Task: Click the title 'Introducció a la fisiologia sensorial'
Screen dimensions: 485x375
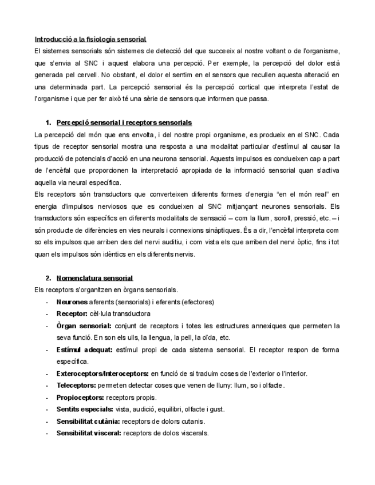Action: (90, 39)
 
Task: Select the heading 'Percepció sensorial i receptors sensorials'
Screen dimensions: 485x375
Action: (124, 123)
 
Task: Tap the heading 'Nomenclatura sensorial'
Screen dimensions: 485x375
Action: (94, 279)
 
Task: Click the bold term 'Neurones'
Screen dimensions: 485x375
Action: (72, 301)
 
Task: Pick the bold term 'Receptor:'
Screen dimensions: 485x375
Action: (72, 313)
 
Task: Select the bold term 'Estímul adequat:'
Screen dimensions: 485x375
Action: (85, 349)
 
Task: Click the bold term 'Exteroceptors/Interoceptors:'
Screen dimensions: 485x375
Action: (102, 373)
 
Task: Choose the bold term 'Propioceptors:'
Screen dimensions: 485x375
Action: (80, 397)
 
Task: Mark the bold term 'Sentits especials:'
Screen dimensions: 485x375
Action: (85, 410)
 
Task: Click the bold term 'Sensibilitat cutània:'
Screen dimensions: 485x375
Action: (89, 422)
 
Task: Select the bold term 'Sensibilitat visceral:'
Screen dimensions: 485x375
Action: (89, 434)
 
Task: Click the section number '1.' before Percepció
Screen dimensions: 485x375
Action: (48, 123)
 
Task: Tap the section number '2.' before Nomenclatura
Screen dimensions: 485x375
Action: (48, 279)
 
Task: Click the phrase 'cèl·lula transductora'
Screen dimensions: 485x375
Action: (120, 313)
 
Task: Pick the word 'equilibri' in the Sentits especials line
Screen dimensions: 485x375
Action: (176, 410)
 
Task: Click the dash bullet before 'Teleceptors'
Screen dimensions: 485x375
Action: (46, 385)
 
